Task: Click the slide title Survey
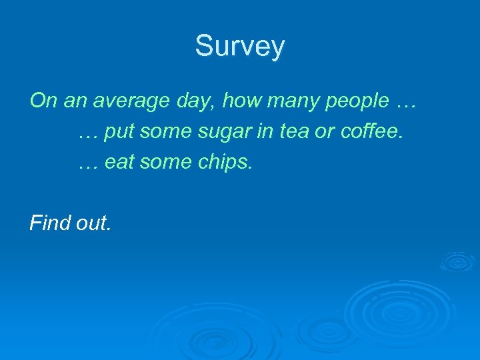click(x=240, y=47)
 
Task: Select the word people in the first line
click(x=359, y=101)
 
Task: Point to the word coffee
click(x=371, y=132)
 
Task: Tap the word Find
click(x=51, y=223)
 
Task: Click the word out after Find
click(x=93, y=223)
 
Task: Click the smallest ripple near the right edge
click(x=457, y=261)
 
